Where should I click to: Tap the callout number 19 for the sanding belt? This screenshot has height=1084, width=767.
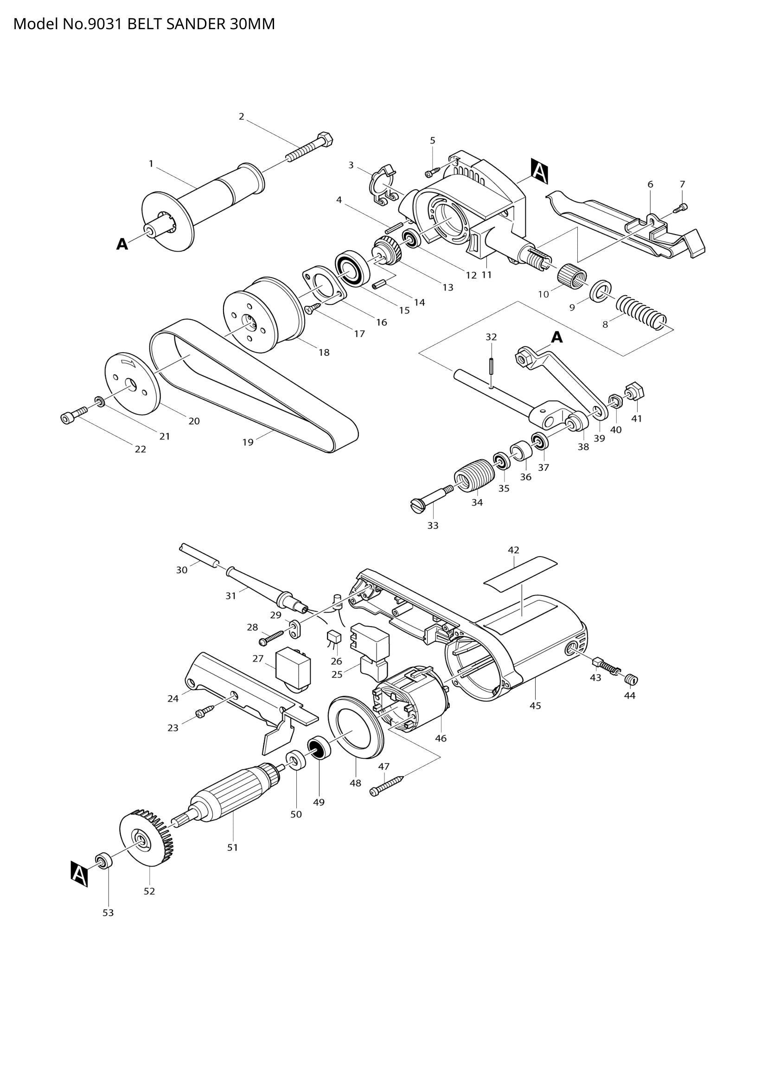(248, 443)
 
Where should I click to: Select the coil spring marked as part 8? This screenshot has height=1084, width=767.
(642, 312)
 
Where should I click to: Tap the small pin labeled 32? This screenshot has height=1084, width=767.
(491, 367)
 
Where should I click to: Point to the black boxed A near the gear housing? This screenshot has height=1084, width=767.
(539, 171)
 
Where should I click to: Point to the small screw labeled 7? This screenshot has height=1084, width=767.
(683, 206)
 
